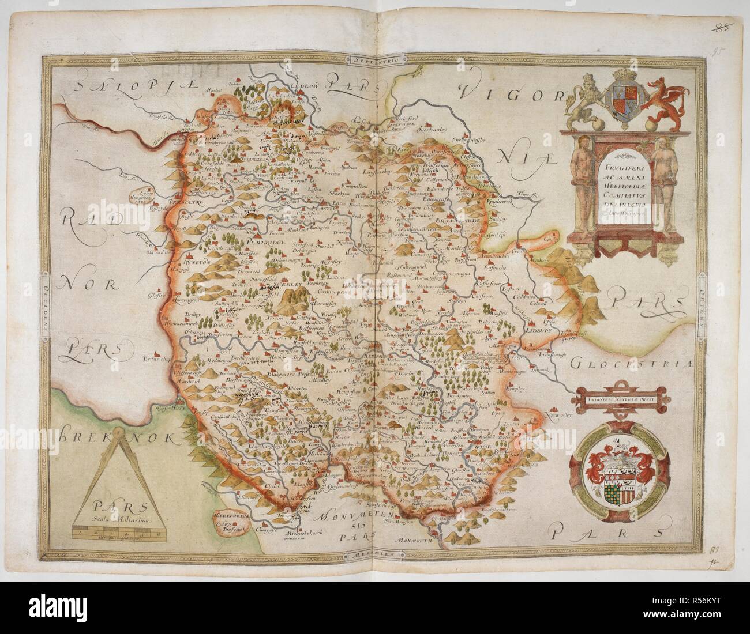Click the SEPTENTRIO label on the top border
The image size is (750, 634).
[373, 59]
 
